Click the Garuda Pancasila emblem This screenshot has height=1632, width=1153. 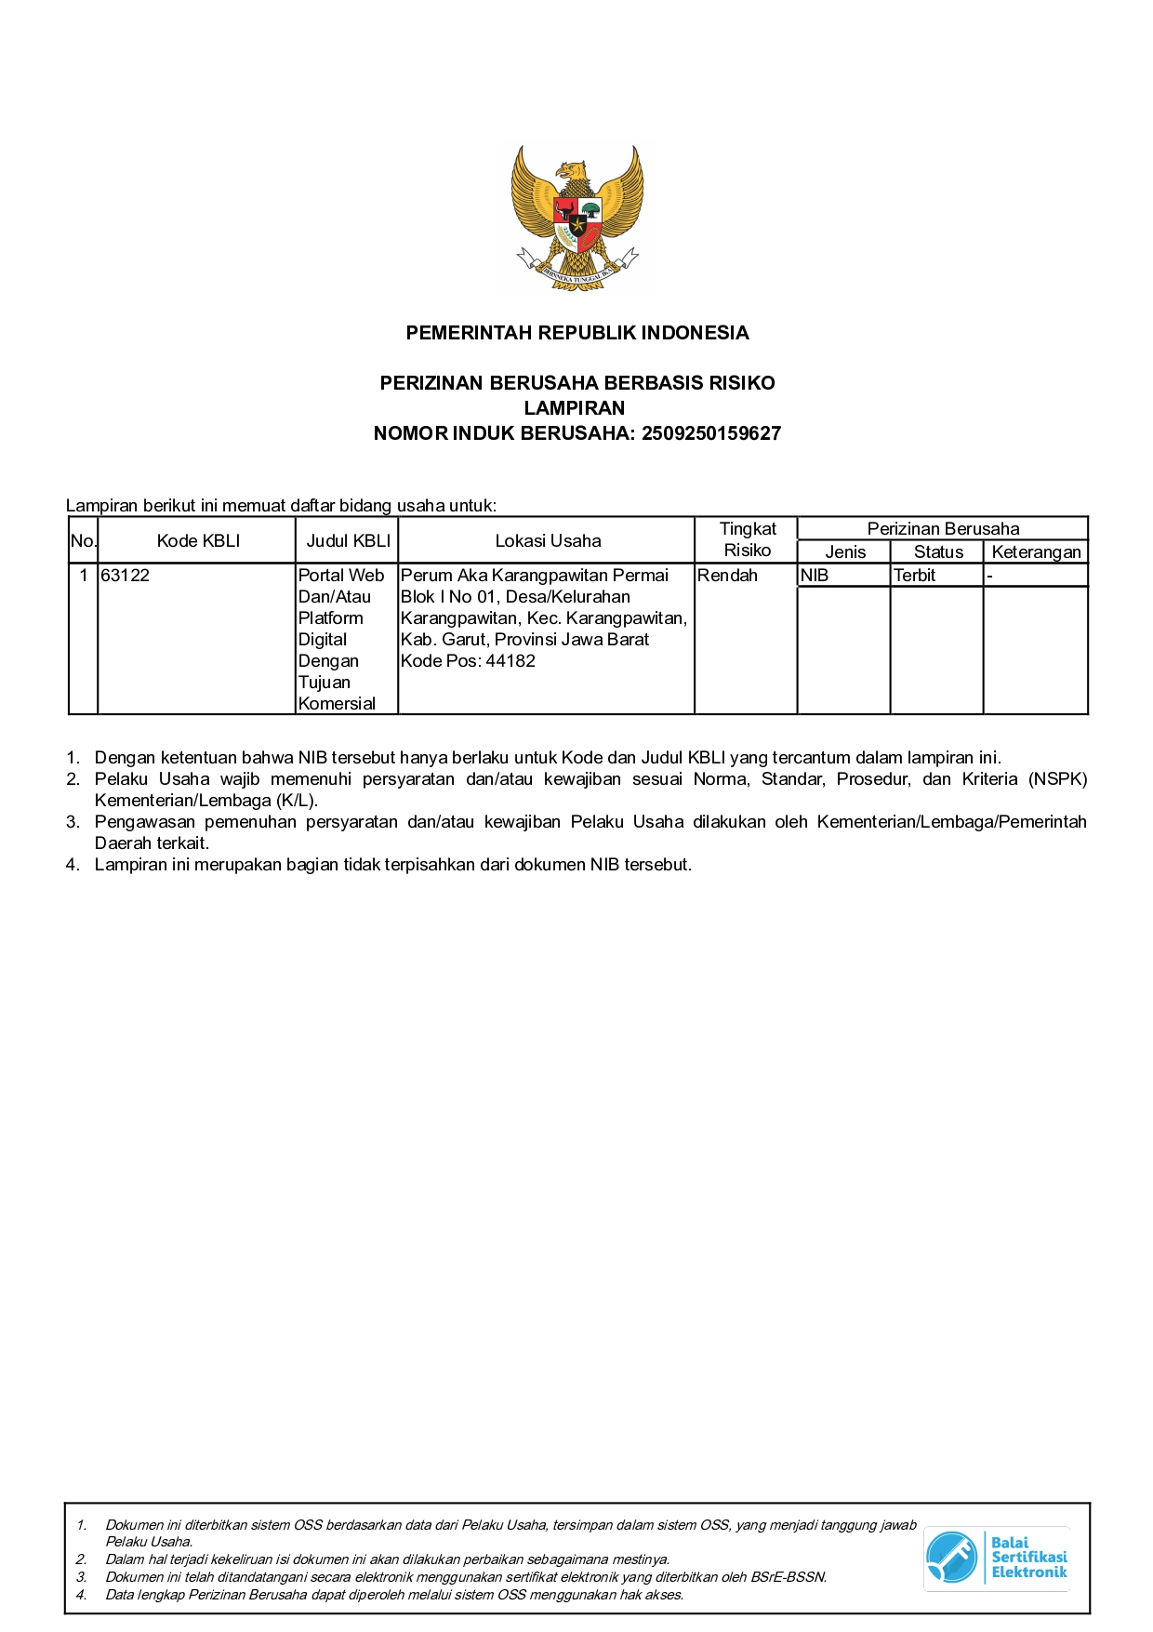576,219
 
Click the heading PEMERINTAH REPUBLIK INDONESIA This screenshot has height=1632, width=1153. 576,333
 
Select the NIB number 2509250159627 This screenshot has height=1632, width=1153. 711,433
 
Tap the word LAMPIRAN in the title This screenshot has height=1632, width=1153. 575,408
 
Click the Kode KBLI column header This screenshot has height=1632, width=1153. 198,541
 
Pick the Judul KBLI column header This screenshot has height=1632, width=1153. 348,541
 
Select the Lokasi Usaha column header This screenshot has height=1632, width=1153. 548,541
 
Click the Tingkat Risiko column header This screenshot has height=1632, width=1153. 747,539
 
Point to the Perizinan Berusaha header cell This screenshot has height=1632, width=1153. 943,529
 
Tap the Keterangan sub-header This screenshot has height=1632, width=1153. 1036,552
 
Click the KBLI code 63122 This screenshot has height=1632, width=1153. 126,576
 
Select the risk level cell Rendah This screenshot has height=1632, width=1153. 727,576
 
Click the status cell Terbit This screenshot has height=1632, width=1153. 914,576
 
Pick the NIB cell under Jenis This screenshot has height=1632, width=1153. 815,576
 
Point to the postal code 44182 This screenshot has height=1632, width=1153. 510,661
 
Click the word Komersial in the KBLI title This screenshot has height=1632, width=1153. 337,704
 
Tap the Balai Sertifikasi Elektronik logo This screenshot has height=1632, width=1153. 996,1558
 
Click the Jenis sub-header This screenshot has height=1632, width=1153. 845,552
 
